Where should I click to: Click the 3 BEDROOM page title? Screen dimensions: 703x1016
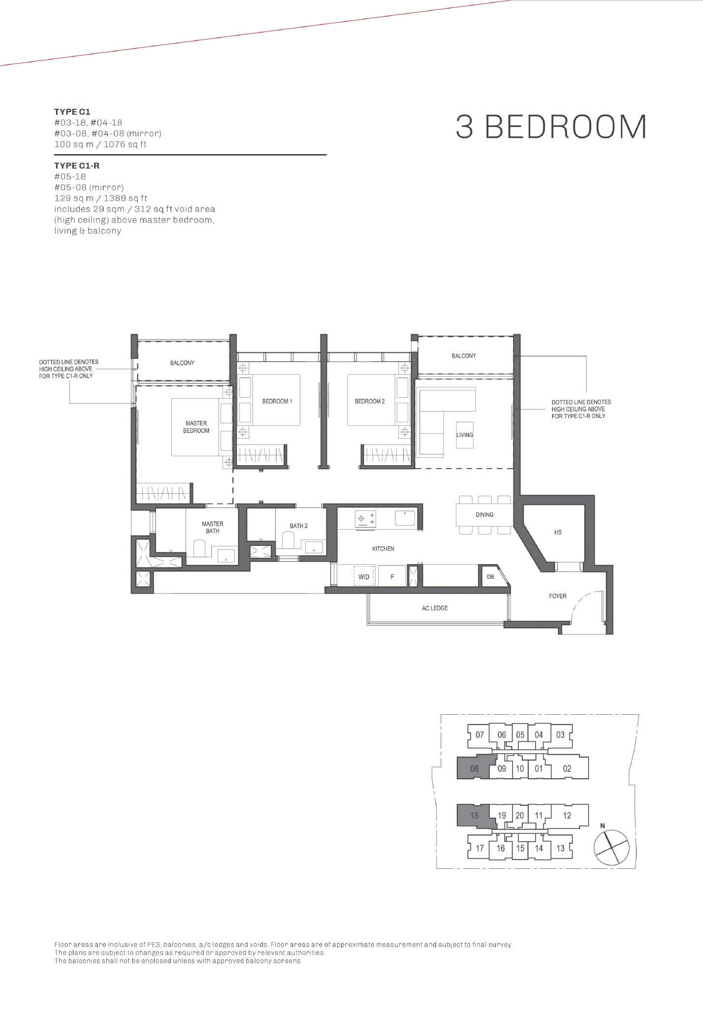point(551,127)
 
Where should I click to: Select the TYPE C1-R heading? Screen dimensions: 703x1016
point(77,166)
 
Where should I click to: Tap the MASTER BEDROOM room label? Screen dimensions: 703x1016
point(196,427)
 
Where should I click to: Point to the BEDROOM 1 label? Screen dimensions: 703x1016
point(277,401)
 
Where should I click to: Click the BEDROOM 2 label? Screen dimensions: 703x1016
point(370,401)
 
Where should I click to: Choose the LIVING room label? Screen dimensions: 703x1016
point(464,435)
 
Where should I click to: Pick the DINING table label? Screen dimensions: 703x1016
point(484,515)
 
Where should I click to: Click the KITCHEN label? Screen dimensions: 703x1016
point(383,549)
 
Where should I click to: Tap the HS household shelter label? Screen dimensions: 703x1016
point(558,533)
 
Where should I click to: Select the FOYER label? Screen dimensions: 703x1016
point(558,596)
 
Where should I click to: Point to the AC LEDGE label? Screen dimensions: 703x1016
point(435,608)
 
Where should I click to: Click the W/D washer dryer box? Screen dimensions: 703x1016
point(364,576)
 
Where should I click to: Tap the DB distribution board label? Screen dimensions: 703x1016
point(490,577)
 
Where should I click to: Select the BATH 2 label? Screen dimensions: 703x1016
point(298,526)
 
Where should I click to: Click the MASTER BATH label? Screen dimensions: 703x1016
point(213,528)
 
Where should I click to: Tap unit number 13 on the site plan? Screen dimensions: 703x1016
point(560,848)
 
